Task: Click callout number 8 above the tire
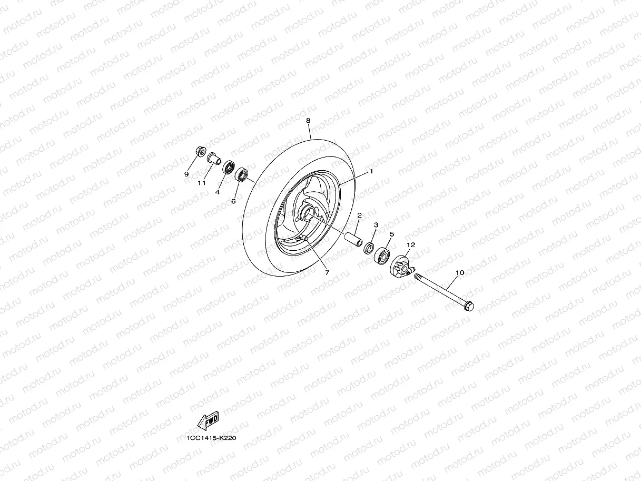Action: pyautogui.click(x=309, y=121)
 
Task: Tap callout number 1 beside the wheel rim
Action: pyautogui.click(x=371, y=171)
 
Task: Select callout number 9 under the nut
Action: pyautogui.click(x=186, y=174)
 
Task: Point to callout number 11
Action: pyautogui.click(x=201, y=183)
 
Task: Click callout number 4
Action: pyautogui.click(x=217, y=192)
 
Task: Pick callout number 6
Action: pyautogui.click(x=233, y=201)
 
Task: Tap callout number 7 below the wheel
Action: pyautogui.click(x=327, y=272)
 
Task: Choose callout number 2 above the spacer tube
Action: pyautogui.click(x=359, y=215)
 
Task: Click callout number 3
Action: pyautogui.click(x=376, y=225)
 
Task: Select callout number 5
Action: pyautogui.click(x=392, y=234)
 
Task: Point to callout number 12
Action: pyautogui.click(x=411, y=244)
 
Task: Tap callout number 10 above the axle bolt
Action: pyautogui.click(x=459, y=272)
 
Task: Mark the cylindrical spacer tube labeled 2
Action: pyautogui.click(x=353, y=238)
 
